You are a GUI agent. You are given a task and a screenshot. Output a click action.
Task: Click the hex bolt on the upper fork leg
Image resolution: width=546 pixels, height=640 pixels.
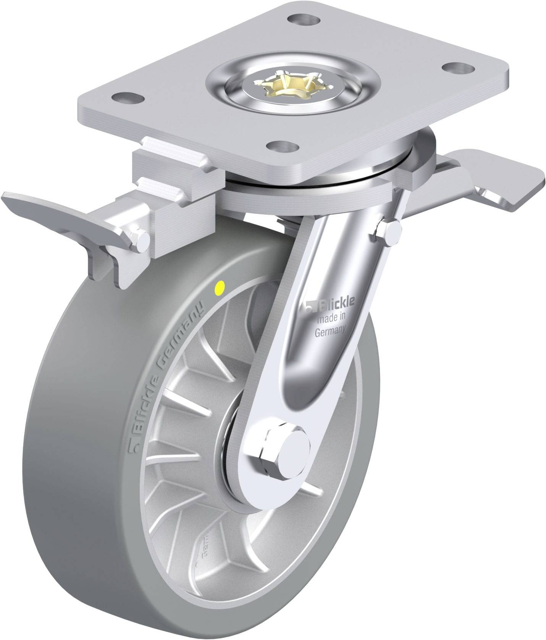[x=389, y=232]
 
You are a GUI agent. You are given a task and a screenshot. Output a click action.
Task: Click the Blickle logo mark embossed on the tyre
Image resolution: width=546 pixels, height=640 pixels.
[x=134, y=447]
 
